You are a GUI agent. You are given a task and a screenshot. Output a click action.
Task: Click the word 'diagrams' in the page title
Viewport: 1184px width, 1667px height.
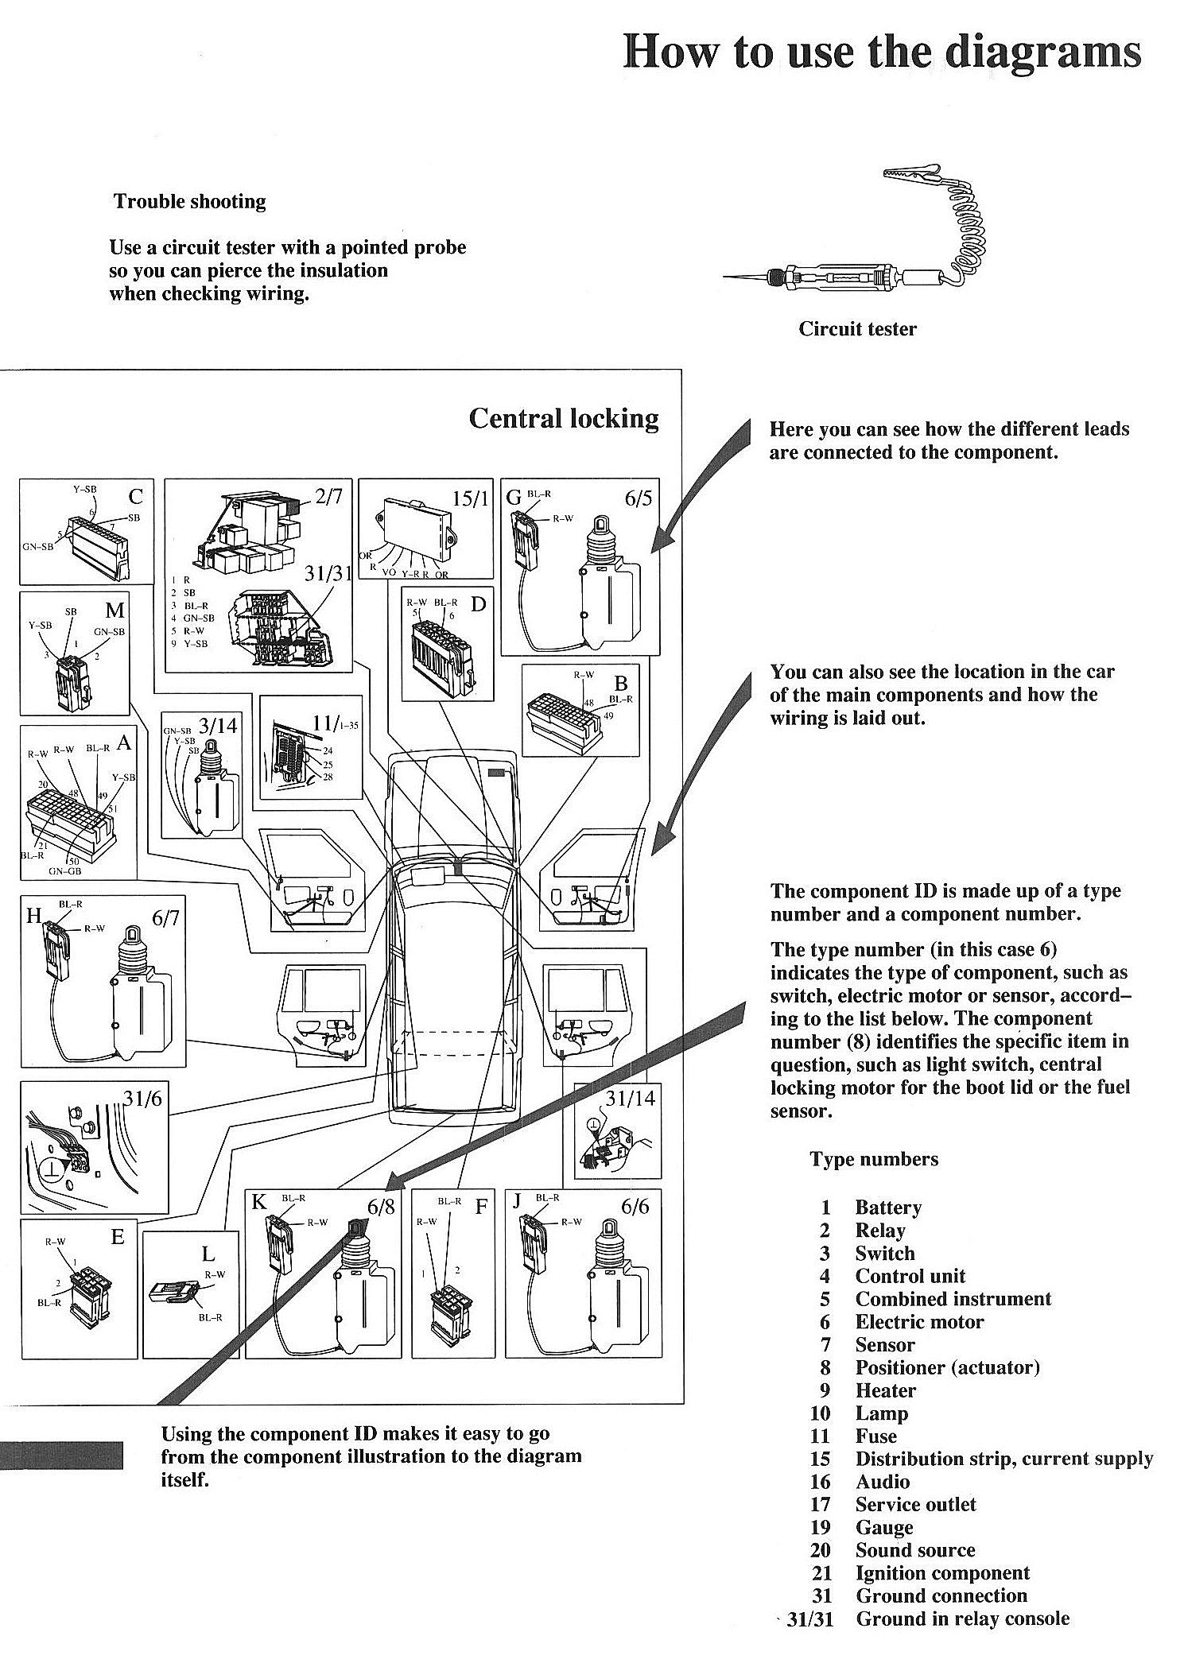[1042, 52]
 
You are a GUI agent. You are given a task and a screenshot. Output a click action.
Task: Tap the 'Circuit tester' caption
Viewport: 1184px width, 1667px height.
[857, 328]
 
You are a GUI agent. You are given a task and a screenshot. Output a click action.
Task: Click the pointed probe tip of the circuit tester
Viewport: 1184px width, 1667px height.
[727, 277]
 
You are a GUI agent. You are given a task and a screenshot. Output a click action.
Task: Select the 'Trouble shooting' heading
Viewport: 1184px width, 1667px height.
[189, 201]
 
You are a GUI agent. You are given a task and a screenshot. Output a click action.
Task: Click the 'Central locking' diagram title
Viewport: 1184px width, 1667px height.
[564, 418]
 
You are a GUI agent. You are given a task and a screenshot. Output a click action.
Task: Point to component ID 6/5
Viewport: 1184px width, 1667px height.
[637, 498]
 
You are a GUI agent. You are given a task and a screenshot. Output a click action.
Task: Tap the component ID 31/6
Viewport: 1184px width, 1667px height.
[143, 1098]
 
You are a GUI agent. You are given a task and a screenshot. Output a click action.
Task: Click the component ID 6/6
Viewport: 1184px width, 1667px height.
[635, 1207]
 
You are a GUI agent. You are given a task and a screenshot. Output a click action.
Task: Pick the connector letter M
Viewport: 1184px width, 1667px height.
[115, 611]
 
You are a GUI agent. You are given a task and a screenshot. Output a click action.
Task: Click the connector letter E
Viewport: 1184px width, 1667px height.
[118, 1237]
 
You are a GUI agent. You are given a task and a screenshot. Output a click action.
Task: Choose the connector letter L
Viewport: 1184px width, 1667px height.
[208, 1254]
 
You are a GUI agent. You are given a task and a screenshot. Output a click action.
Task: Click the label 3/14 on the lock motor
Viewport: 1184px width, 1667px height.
[218, 725]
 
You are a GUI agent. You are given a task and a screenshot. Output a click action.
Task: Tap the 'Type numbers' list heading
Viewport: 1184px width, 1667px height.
[874, 1159]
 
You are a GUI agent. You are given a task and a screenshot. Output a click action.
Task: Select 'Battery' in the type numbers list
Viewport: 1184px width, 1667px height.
[887, 1208]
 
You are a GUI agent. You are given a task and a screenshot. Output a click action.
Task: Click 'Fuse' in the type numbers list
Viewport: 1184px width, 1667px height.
[875, 1436]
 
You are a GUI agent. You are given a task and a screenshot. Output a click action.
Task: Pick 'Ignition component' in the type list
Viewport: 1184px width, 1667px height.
[941, 1573]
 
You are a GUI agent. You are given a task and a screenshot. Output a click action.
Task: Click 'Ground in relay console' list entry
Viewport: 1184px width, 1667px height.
[962, 1619]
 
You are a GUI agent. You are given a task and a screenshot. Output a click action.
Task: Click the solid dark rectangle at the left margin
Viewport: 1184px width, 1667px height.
[61, 1455]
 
